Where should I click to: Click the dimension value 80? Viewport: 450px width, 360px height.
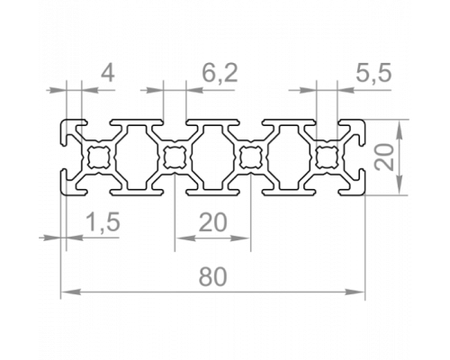coord(212,276)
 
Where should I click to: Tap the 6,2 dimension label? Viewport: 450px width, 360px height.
coord(220,73)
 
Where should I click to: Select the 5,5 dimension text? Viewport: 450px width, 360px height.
coord(373,73)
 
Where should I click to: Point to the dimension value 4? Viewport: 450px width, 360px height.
coord(107,73)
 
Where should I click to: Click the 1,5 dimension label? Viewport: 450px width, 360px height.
coord(103,222)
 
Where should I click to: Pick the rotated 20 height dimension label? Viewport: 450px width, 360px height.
coord(384,157)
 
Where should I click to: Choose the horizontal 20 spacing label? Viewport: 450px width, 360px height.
coord(213,222)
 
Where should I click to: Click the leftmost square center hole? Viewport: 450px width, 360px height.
coord(98,157)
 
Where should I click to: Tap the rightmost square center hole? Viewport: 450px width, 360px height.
coord(327,157)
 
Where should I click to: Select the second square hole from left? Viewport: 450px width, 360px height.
coord(175,157)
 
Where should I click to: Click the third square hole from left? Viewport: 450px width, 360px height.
coord(251,157)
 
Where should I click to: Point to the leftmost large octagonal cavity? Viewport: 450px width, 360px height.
coord(137,157)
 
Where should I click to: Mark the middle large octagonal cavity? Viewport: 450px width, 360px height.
coord(212,157)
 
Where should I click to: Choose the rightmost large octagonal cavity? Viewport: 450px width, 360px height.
coord(289,157)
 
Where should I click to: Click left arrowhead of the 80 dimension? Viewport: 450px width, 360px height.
coord(71,292)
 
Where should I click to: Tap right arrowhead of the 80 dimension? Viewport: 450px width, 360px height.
coord(355,292)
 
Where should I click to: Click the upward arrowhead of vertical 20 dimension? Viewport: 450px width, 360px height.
coord(399,130)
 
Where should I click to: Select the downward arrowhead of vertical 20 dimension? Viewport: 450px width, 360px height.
coord(399,184)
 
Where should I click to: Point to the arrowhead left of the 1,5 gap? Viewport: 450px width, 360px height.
coord(50,238)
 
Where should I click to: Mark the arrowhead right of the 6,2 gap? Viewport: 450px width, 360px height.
coord(195,90)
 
